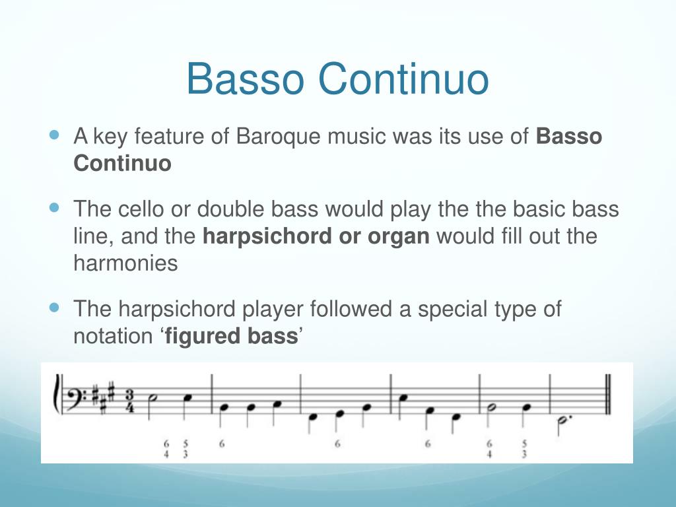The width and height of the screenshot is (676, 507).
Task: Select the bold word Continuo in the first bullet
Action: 122,163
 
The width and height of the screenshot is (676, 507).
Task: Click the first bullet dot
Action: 55,135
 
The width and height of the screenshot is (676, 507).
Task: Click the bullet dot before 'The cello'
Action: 55,207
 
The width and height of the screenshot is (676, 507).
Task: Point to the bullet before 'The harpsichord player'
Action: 55,307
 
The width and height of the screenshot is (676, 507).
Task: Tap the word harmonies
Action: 125,263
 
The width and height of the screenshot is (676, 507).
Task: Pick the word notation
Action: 112,336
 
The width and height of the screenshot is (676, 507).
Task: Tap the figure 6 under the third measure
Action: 337,444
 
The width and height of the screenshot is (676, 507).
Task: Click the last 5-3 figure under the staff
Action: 525,448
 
